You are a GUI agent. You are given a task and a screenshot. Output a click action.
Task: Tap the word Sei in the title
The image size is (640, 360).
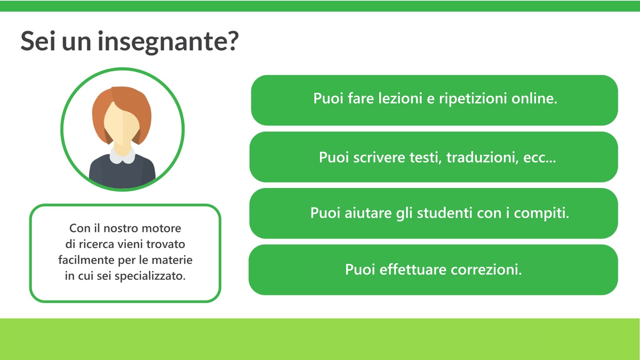click(x=38, y=41)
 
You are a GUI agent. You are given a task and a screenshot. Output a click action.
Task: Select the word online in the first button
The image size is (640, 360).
click(x=534, y=98)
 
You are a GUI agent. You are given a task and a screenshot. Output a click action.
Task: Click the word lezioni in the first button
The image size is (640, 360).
click(x=400, y=98)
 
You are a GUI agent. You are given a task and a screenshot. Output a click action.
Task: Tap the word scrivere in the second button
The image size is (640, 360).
click(x=379, y=158)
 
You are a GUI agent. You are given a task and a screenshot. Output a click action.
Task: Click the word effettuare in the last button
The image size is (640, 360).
click(x=413, y=270)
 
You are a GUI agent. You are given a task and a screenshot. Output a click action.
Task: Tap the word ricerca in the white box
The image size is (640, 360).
click(x=96, y=244)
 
